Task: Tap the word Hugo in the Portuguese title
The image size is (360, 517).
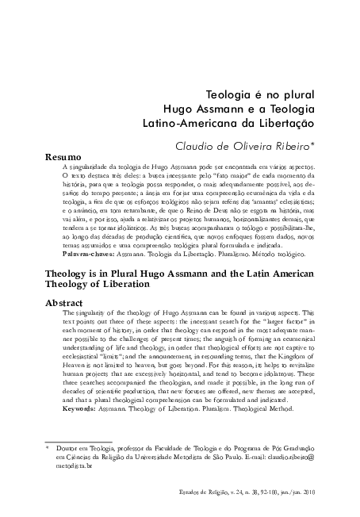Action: [x=178, y=109]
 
